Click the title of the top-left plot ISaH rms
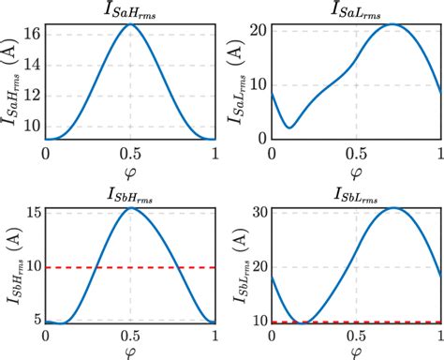[129, 11]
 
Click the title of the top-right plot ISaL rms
[355, 11]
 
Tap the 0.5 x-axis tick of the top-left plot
[129, 153]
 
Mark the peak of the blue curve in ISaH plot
[129, 24]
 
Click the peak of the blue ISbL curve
[394, 208]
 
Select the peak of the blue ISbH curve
[131, 208]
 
